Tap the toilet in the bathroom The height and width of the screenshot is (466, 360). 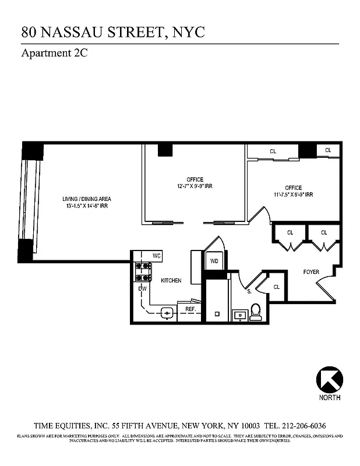(255, 313)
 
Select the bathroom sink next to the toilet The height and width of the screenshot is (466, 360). (239, 315)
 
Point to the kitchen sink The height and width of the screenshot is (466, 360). (167, 313)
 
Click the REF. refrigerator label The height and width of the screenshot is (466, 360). (190, 309)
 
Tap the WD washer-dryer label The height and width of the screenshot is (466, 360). (214, 261)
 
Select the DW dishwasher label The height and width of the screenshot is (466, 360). (142, 288)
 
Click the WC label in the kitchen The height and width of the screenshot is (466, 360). (156, 256)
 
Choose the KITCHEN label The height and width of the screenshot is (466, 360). (171, 280)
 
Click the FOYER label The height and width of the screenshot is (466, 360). (311, 271)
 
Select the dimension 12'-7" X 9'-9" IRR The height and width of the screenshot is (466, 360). (195, 186)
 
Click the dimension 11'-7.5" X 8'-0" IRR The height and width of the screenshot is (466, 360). (293, 195)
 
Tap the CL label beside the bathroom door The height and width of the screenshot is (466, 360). (277, 287)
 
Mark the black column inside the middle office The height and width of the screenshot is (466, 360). (165, 149)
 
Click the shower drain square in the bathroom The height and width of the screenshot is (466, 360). (216, 314)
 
